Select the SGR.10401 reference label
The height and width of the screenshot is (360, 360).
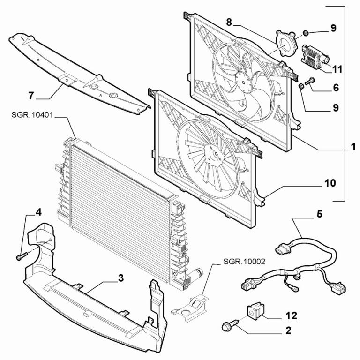[x=32, y=115]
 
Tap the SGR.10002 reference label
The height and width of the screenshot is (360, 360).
[x=244, y=262]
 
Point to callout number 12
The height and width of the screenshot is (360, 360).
[x=292, y=315]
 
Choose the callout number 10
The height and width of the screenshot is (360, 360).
[x=330, y=183]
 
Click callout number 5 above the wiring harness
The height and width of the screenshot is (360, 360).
[x=320, y=214]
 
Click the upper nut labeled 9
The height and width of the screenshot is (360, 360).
[x=305, y=33]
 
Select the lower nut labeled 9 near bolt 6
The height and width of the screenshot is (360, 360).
[x=301, y=87]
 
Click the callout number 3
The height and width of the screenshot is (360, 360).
[x=121, y=278]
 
